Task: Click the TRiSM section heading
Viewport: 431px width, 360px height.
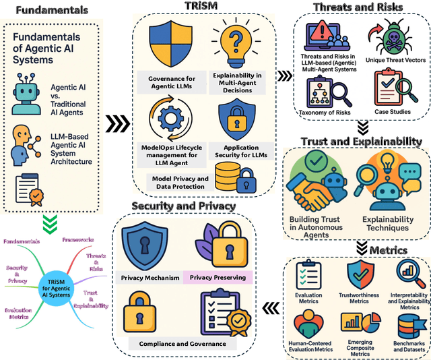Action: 199,7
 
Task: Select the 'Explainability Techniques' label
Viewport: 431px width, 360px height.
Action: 387,224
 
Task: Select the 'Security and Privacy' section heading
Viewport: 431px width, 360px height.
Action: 183,206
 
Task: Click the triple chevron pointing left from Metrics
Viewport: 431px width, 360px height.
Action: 271,308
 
